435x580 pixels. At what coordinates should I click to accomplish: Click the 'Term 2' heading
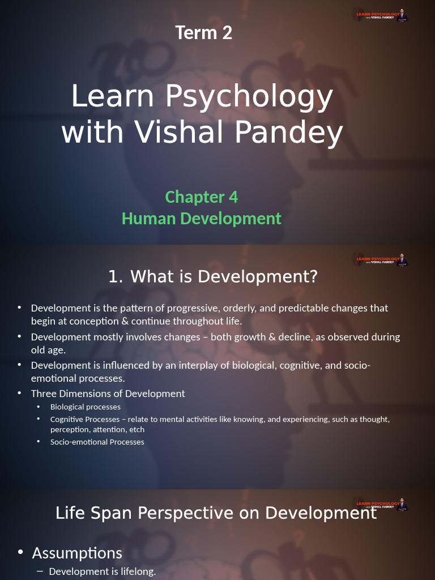point(204,33)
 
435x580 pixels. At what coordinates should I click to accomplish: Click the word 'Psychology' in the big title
point(249,96)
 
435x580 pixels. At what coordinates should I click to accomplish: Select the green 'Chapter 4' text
point(202,197)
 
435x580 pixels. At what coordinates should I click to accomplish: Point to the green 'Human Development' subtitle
point(202,219)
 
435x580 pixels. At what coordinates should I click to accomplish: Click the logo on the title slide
point(381,15)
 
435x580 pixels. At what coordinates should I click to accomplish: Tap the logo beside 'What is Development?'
point(381,260)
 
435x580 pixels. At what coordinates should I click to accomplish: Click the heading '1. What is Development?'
point(213,277)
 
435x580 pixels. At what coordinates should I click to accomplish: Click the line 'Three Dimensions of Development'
point(108,394)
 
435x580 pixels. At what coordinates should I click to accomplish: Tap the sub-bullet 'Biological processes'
point(85,407)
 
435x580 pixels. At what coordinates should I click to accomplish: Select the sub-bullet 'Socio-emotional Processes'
point(97,442)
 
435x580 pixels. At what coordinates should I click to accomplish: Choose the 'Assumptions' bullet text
point(77,553)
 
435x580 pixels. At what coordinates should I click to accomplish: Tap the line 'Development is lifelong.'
point(102,572)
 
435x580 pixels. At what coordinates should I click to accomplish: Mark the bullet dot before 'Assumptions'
point(21,552)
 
